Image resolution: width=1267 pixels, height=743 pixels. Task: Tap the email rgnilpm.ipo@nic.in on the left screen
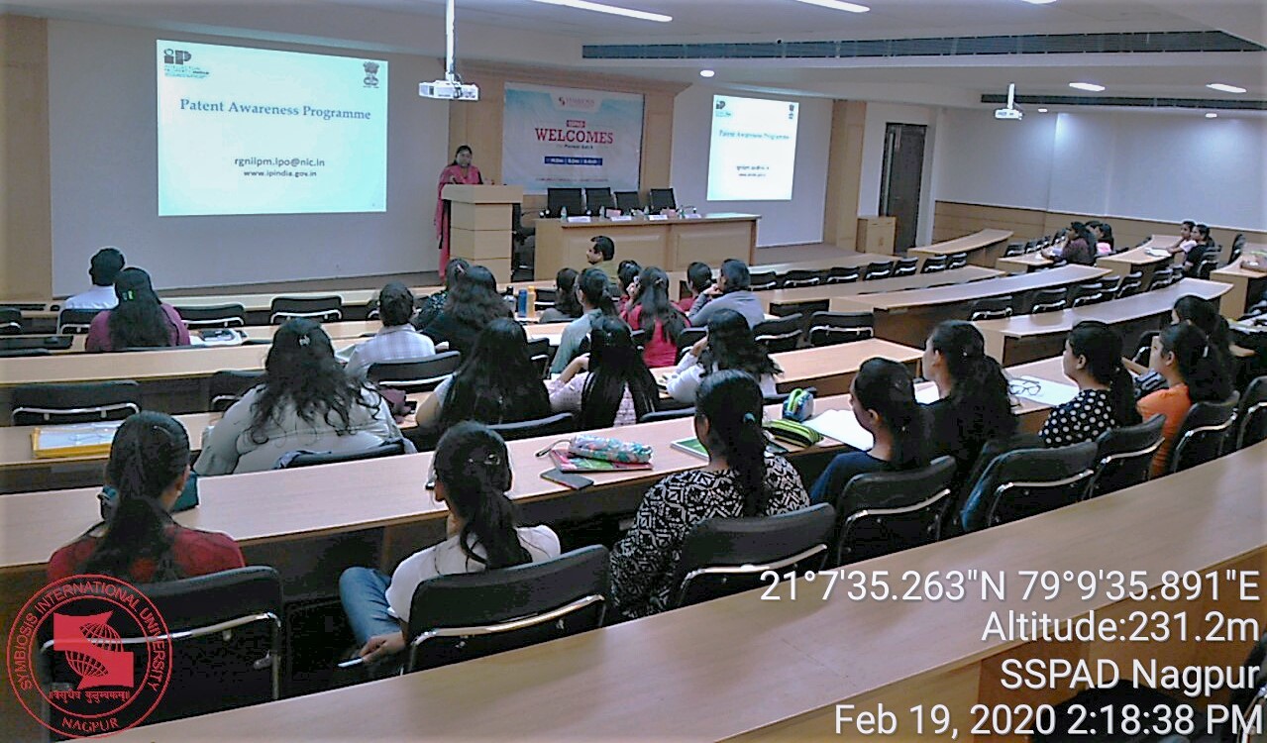tap(279, 160)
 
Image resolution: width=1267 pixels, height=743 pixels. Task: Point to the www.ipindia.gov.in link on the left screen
tap(279, 173)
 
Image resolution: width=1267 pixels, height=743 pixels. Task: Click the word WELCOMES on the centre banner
tap(574, 136)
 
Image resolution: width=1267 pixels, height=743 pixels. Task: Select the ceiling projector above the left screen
tap(448, 90)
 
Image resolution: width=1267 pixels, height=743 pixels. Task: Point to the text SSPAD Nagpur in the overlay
tap(1129, 676)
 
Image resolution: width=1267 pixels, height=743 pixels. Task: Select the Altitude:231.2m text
tap(1119, 627)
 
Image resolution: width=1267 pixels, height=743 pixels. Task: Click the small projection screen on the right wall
tap(752, 148)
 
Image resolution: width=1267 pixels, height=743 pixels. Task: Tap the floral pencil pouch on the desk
tap(608, 450)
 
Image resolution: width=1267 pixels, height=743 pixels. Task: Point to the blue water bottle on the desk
tap(521, 301)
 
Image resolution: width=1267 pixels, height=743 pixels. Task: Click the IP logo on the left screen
tap(176, 56)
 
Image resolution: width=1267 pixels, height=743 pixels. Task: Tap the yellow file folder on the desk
tap(74, 438)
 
